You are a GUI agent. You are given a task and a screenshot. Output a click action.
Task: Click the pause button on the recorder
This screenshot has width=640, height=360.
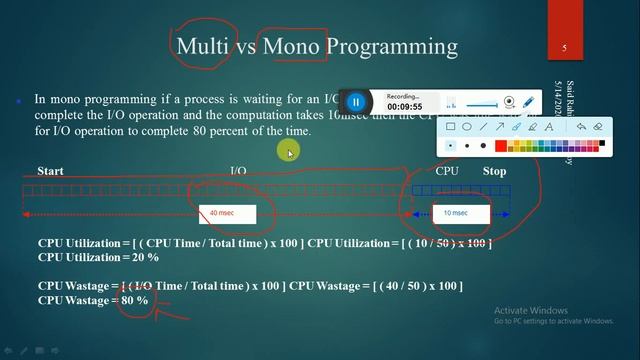(355, 101)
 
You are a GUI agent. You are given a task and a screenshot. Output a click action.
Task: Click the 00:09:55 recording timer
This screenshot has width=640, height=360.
(404, 106)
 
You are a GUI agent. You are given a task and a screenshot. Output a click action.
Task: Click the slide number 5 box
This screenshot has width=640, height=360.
(564, 48)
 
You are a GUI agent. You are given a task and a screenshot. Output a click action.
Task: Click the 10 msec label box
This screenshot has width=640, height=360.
(455, 214)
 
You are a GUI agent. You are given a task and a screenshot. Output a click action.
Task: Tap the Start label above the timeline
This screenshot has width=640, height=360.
(50, 171)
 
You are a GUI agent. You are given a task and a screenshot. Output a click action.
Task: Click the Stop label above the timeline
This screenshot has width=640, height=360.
(494, 171)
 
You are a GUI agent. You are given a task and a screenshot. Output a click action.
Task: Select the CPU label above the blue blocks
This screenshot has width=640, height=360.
(447, 171)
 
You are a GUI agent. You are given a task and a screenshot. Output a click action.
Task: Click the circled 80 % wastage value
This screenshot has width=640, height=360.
(134, 300)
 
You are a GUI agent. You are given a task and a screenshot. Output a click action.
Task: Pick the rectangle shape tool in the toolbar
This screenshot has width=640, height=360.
(451, 127)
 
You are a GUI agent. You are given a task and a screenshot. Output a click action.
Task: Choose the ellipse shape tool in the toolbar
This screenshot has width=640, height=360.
(467, 127)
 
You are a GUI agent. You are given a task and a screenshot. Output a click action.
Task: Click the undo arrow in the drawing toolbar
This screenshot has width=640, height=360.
(581, 127)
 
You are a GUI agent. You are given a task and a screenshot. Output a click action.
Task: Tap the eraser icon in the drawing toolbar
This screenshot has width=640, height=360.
(598, 127)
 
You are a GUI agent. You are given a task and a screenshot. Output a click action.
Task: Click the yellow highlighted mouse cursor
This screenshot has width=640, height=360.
(288, 152)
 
